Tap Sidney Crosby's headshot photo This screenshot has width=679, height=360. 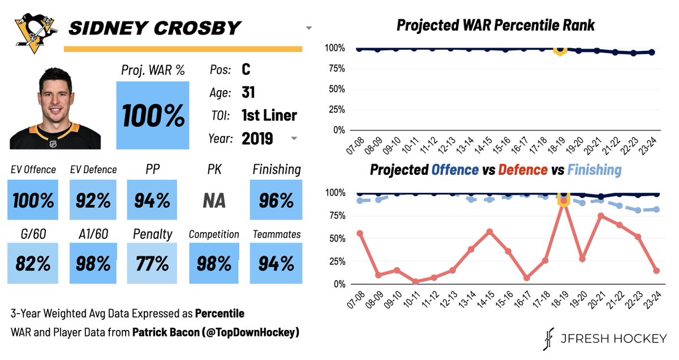55,109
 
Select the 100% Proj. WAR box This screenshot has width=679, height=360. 153,115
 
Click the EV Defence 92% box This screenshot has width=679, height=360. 93,200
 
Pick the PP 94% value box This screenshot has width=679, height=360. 152,200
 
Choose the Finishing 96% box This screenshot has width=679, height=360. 276,200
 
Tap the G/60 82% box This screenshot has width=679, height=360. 32,263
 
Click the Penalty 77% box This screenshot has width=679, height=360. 152,263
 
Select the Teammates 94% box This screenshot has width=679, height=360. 276,263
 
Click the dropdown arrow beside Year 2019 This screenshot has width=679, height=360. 294,139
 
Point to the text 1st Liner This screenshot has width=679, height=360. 269,115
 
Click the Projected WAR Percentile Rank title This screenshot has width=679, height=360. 495,25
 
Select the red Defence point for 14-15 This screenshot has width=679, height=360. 490,232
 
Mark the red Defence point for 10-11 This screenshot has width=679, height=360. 415,281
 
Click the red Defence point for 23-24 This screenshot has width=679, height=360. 656,271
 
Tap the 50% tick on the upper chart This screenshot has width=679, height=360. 336,88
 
